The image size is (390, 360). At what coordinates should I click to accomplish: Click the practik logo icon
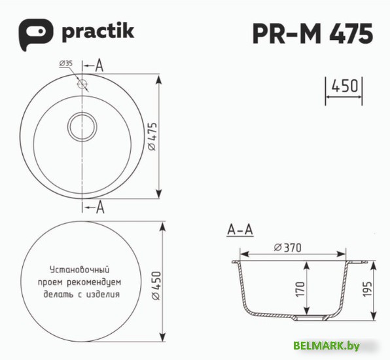(33, 33)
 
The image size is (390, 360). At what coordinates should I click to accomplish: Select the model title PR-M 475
(313, 33)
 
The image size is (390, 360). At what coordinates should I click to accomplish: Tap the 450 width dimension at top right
(344, 86)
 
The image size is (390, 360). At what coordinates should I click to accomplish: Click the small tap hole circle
(82, 84)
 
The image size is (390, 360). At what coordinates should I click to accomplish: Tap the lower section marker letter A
(99, 208)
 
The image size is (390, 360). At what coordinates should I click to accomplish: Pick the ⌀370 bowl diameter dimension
(288, 247)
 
